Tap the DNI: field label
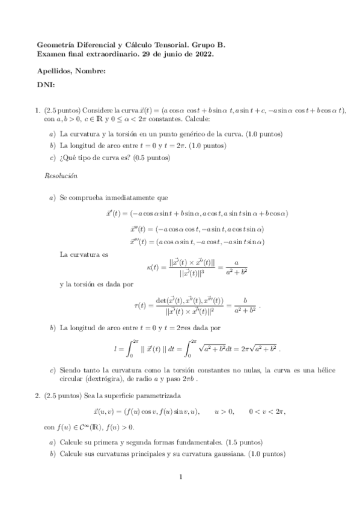[x=46, y=85]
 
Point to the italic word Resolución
[x=61, y=176]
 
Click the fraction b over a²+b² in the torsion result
[x=245, y=305]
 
